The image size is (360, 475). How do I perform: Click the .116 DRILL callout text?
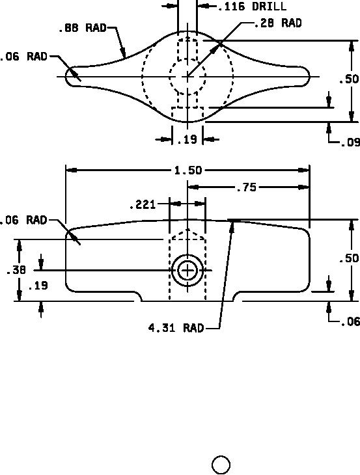click(x=252, y=7)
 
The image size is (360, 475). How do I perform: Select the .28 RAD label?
click(x=277, y=23)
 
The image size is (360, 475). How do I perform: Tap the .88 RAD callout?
click(x=83, y=28)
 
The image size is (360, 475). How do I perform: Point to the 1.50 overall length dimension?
click(x=188, y=170)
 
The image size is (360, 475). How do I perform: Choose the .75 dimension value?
click(x=246, y=188)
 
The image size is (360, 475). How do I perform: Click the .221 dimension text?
click(x=143, y=205)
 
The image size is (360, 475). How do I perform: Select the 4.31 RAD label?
click(x=176, y=328)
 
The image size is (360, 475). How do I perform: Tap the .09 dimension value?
click(x=350, y=142)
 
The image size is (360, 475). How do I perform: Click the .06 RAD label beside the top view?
click(x=23, y=57)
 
